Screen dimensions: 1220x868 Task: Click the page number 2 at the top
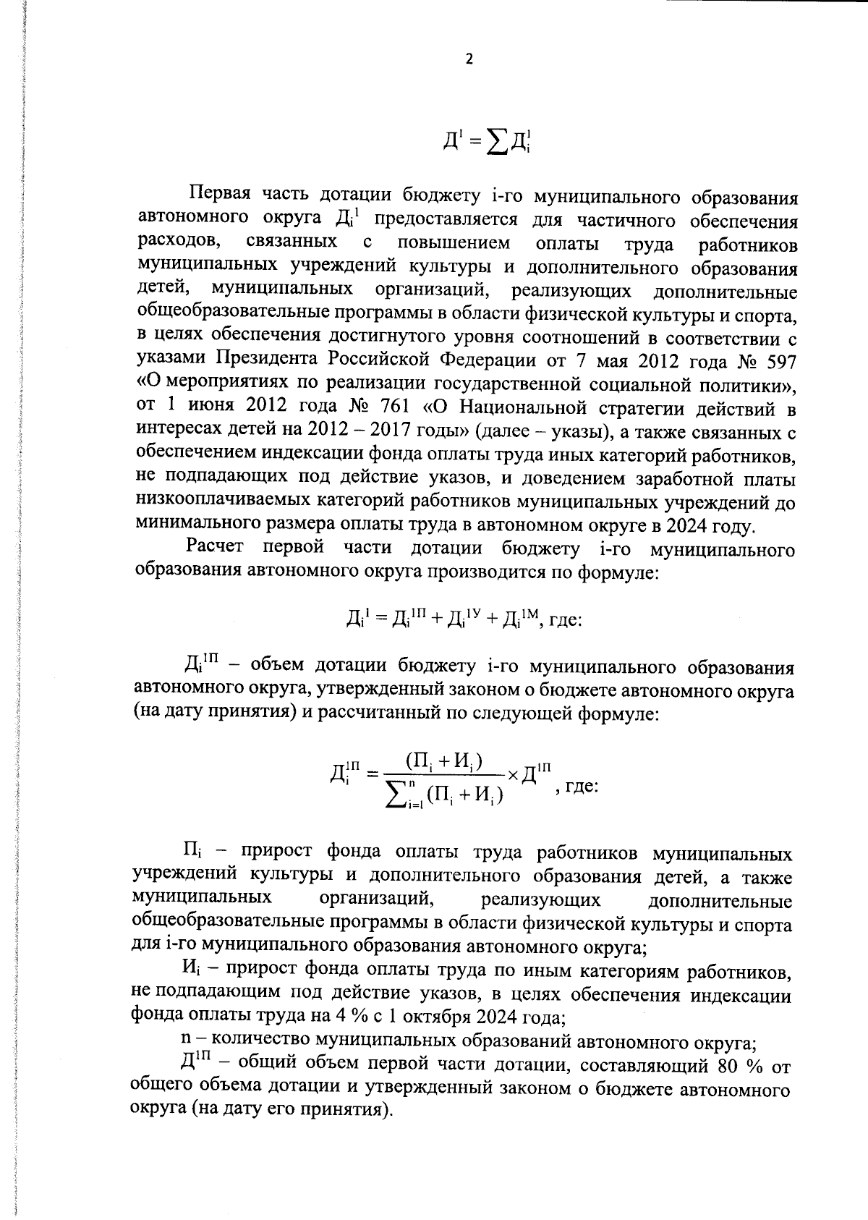click(469, 60)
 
